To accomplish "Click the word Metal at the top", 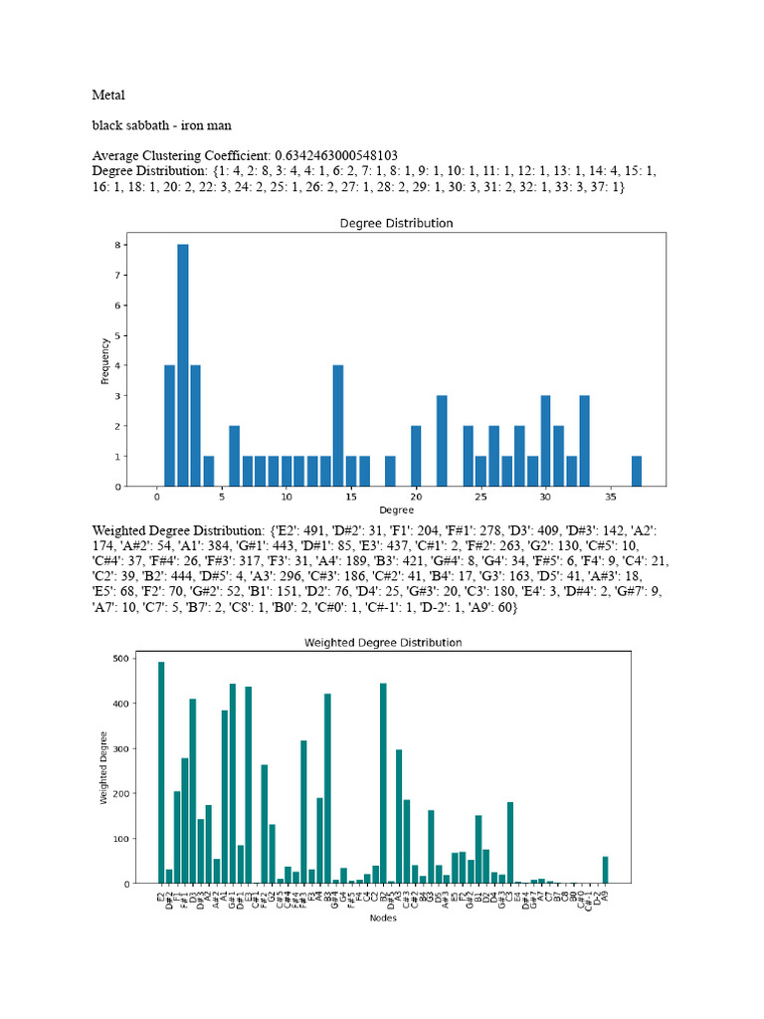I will click(108, 97).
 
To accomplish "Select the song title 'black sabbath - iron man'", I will click(162, 126).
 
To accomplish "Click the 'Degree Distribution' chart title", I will click(396, 223).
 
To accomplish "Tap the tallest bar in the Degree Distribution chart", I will click(182, 365).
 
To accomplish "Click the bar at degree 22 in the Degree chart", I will click(442, 441).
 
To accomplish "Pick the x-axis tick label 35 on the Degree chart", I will click(611, 496).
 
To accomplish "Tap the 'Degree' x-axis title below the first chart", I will click(396, 509).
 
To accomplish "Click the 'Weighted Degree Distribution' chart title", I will click(382, 643).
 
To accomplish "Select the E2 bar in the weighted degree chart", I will click(161, 772).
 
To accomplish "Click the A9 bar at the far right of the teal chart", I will click(605, 870).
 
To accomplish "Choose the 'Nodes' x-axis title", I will click(383, 918).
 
